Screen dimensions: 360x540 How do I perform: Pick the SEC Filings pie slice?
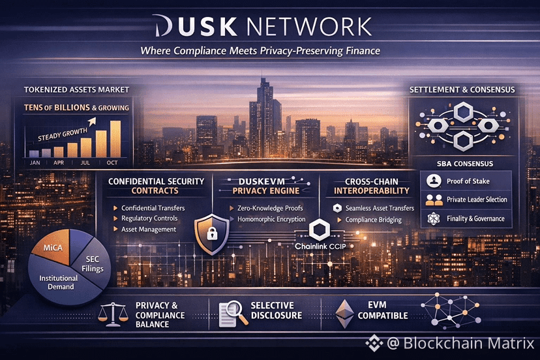click(93, 263)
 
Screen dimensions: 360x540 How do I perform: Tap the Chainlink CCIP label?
click(320, 247)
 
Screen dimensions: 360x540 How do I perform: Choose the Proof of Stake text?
click(468, 181)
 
